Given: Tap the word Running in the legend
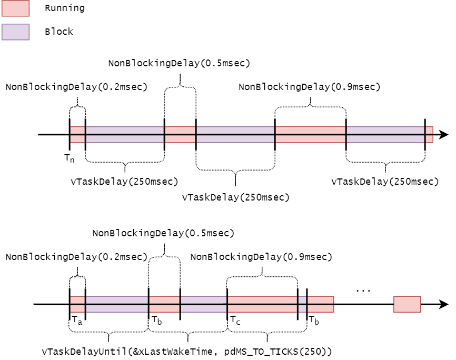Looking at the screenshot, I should [x=65, y=8].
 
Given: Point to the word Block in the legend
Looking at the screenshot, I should [x=58, y=32].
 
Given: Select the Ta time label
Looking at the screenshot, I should [x=76, y=320].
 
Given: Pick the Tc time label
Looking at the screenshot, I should [x=235, y=320].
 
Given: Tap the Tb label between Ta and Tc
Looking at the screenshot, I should [x=156, y=320].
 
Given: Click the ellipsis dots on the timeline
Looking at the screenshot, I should [x=363, y=290].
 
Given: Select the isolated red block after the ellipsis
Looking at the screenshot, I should [x=407, y=304].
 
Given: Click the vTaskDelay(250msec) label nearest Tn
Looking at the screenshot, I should [x=124, y=182].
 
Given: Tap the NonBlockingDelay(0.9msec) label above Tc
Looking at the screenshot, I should [x=261, y=257].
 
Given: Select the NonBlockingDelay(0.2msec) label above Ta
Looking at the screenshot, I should [x=76, y=257].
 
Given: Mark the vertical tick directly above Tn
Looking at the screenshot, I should [x=70, y=134].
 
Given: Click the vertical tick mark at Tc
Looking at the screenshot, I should [x=227, y=304].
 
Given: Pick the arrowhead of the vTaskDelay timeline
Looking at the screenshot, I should [x=444, y=135].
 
